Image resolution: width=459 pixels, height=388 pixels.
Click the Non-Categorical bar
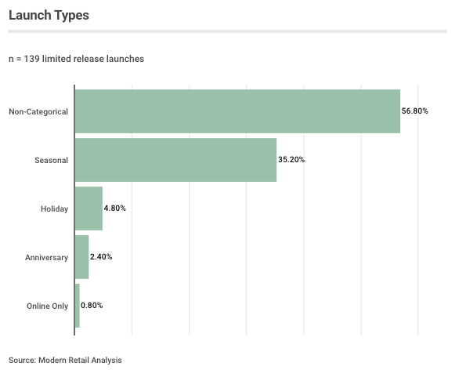[x=237, y=111]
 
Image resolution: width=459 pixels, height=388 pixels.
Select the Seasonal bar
[x=175, y=160]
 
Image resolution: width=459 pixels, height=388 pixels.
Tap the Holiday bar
[x=89, y=209]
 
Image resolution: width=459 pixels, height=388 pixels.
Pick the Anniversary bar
[x=82, y=257]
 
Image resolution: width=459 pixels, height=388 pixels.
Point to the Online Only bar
[x=78, y=306]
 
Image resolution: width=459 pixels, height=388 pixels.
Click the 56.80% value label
[x=415, y=111]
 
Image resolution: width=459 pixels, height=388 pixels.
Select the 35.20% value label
[x=291, y=160]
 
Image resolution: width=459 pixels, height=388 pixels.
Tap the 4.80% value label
[x=114, y=209]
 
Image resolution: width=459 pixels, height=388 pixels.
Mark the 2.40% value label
[x=101, y=257]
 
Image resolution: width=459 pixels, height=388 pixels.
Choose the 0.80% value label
[x=92, y=306]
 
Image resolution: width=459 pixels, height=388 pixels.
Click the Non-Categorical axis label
[x=38, y=111]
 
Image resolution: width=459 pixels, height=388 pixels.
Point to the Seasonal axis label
[x=51, y=160]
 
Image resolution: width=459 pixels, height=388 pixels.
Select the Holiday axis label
[x=55, y=209]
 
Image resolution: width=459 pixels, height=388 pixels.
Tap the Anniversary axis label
[x=46, y=257]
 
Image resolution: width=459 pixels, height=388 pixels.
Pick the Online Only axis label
[x=48, y=306]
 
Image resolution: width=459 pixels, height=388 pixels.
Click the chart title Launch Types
[x=49, y=15]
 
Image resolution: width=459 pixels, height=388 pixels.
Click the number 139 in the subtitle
[x=31, y=59]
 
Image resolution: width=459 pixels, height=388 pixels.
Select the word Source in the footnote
[x=22, y=361]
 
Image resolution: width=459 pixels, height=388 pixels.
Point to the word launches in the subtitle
[x=125, y=59]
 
